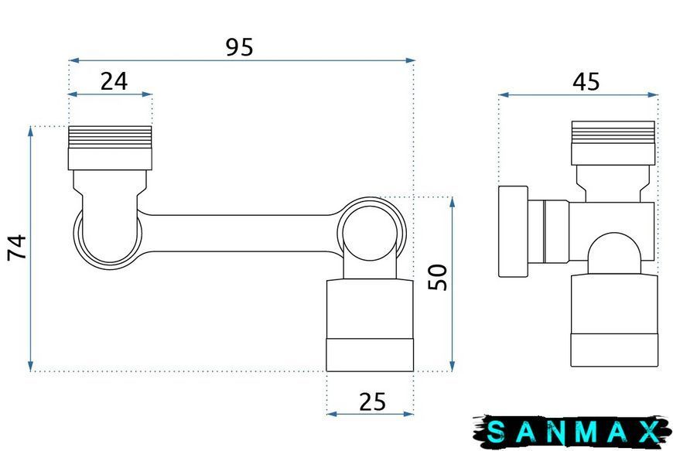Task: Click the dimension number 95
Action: [240, 47]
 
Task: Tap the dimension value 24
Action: [114, 81]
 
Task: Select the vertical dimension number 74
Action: [17, 248]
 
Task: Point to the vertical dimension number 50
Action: [437, 277]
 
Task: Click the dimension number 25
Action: [372, 402]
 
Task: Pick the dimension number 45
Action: [586, 81]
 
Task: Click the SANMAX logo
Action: [572, 431]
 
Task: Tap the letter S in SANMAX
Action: [496, 431]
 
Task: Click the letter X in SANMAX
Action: [650, 431]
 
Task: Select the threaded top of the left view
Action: [110, 137]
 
